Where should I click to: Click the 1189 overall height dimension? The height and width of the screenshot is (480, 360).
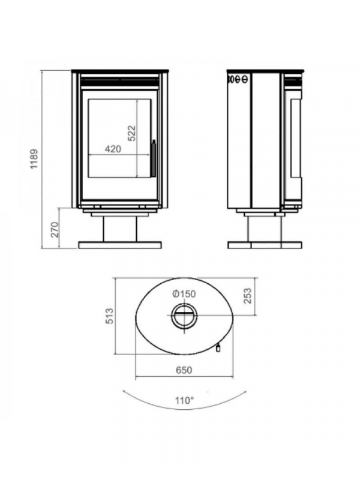(x=34, y=158)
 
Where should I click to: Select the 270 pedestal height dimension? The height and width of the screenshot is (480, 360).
(x=55, y=230)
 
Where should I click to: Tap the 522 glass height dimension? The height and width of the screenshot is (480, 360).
(x=131, y=133)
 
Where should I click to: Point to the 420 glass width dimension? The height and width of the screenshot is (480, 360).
(x=113, y=149)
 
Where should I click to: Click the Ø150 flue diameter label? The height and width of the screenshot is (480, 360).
(x=184, y=294)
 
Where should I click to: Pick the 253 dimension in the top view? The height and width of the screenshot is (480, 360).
(x=247, y=296)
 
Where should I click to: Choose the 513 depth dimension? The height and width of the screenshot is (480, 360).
(x=109, y=316)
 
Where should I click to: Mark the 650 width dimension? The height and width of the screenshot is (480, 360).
(x=184, y=370)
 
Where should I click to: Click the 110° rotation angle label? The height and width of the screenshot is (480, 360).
(x=184, y=400)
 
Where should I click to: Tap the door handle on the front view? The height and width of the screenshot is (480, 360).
(x=153, y=158)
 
